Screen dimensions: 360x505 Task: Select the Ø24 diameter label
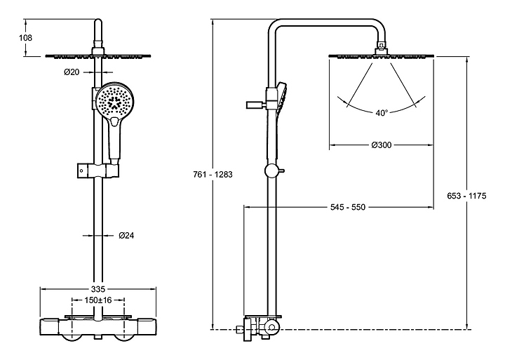(126, 236)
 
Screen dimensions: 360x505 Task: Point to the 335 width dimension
(98, 289)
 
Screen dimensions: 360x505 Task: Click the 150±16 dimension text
(99, 300)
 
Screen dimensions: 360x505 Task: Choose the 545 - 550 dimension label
(348, 207)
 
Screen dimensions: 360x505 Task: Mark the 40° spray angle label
(382, 112)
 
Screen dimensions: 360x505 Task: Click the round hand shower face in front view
(114, 103)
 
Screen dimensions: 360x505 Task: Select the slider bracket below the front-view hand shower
(98, 171)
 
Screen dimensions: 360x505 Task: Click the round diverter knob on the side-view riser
(270, 170)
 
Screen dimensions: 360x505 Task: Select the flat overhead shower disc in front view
(98, 55)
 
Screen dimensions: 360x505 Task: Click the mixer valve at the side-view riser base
(260, 327)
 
